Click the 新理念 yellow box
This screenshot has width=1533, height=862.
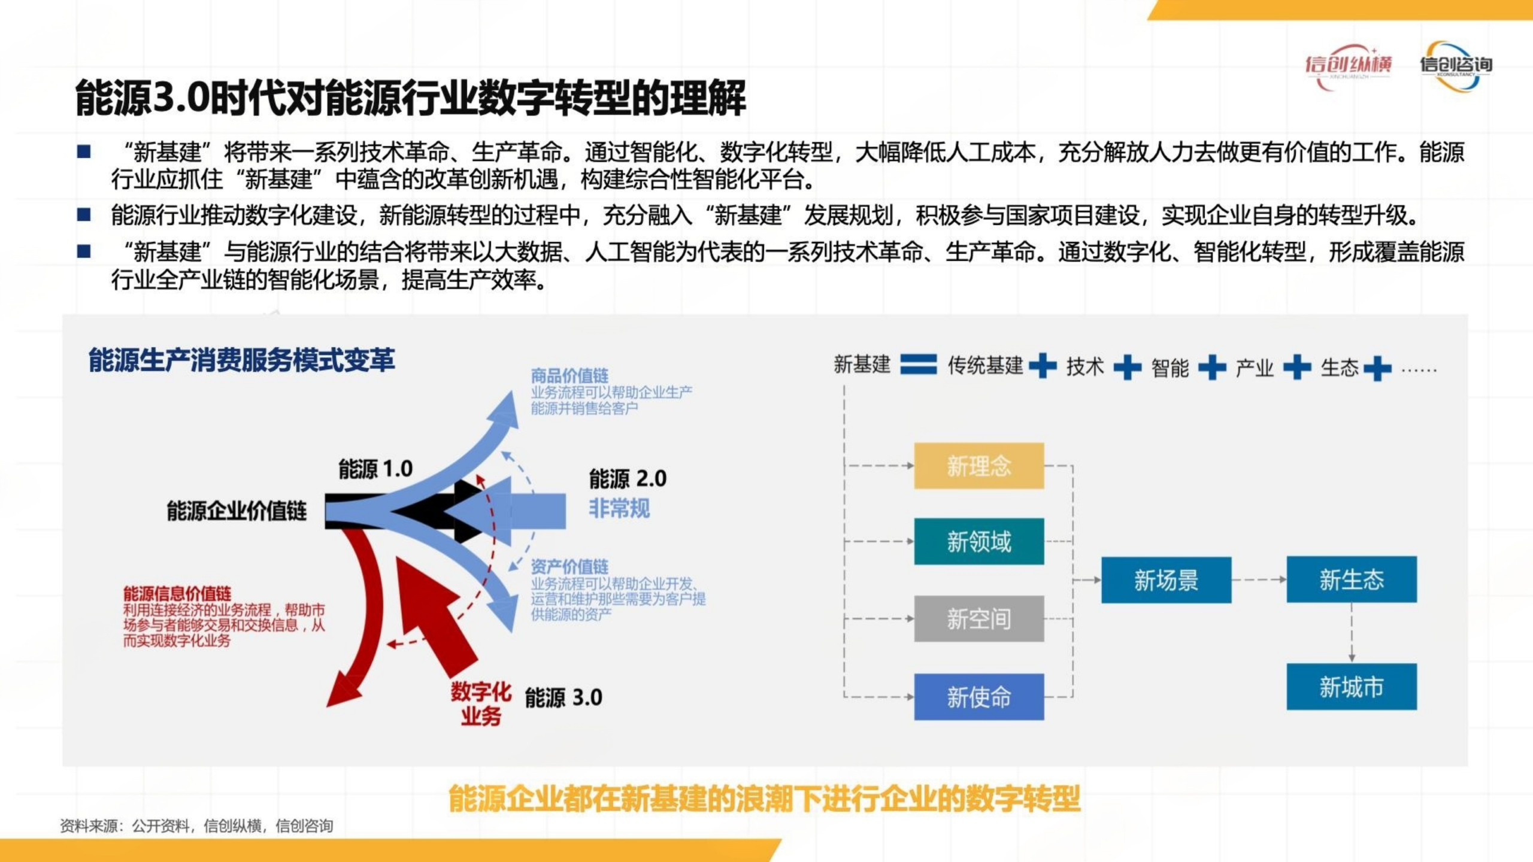point(978,466)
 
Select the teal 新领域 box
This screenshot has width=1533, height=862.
point(978,542)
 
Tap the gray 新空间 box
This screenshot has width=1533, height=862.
point(978,618)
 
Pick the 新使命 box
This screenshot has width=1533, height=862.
point(978,697)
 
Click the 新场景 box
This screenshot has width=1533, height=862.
point(1166,579)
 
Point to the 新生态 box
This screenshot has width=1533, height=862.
point(1352,579)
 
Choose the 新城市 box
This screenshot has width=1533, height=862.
point(1352,687)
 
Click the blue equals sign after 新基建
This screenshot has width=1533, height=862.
point(919,365)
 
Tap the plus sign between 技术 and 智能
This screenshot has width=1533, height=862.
point(1127,367)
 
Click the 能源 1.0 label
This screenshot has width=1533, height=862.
point(375,469)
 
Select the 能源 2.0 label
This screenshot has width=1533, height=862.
point(628,479)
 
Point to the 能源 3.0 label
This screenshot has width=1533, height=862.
point(563,698)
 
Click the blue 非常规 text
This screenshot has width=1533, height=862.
point(619,509)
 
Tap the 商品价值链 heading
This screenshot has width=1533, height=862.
point(569,376)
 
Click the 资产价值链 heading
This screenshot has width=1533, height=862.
point(569,566)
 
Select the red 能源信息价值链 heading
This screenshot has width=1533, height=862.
point(177,594)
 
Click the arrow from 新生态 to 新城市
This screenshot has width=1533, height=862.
point(1352,633)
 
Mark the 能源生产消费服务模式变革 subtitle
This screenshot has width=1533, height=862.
point(242,360)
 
